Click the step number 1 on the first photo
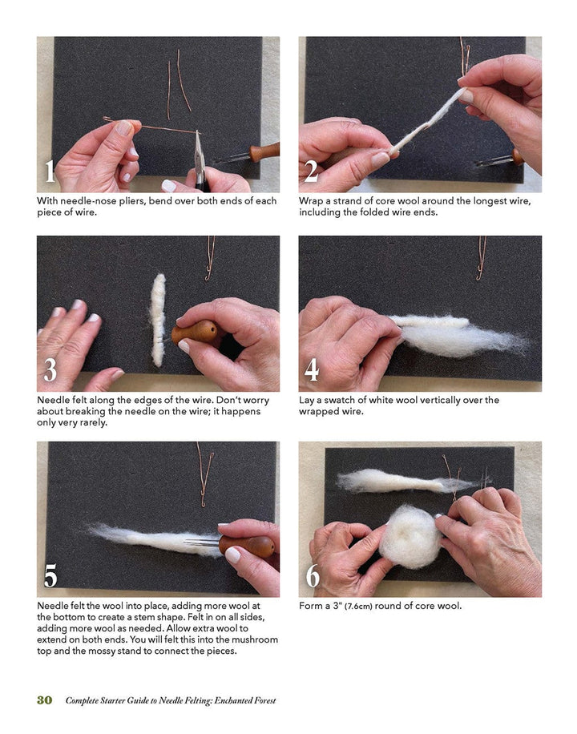(x=50, y=171)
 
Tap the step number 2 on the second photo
(x=312, y=171)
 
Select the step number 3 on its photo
(x=50, y=370)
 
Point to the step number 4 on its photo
(x=312, y=370)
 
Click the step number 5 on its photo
(x=50, y=575)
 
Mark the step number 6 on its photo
(x=312, y=575)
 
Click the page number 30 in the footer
(x=44, y=700)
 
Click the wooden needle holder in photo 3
(x=194, y=333)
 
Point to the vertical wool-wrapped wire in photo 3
(x=158, y=320)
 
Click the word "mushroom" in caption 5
(x=253, y=639)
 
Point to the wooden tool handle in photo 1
(x=263, y=151)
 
